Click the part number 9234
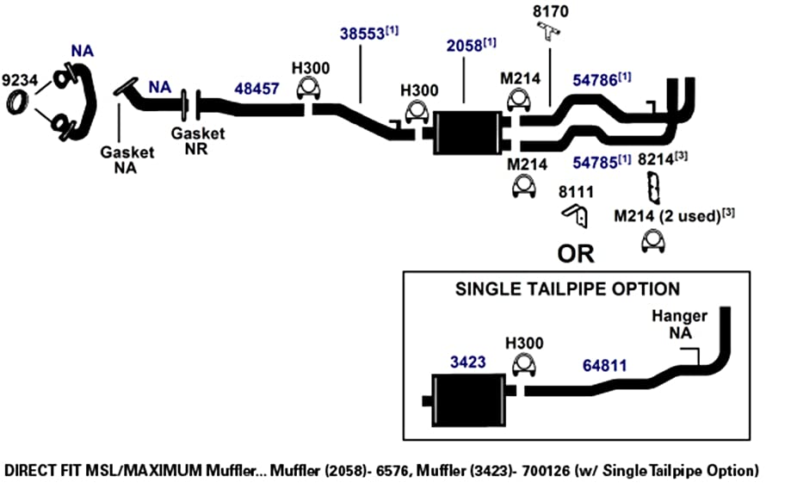[20, 80]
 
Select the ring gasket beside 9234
[17, 102]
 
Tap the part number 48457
[256, 89]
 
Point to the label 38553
[362, 34]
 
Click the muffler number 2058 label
[464, 46]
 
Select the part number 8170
[550, 11]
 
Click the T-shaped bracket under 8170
[548, 30]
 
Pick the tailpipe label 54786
[595, 80]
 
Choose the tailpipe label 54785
[595, 163]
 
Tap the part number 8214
[655, 159]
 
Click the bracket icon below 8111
[576, 215]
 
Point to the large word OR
[576, 254]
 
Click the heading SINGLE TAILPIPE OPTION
[567, 289]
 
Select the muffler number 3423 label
[467, 362]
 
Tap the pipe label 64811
[604, 365]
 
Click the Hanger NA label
[679, 325]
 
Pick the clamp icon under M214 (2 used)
[653, 241]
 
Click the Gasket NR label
[198, 141]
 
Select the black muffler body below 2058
[468, 133]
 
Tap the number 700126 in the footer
[546, 471]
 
